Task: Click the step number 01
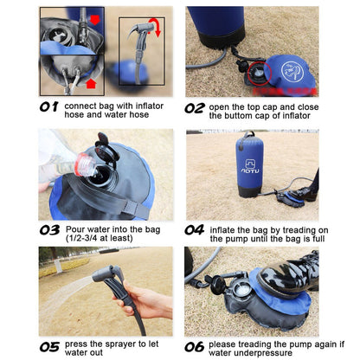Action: click(x=49, y=107)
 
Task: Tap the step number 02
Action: click(x=195, y=108)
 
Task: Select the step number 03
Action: click(x=49, y=230)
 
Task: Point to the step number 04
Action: click(x=195, y=230)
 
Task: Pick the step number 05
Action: click(x=49, y=347)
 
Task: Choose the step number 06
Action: click(x=195, y=347)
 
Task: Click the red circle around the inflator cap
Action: click(x=260, y=74)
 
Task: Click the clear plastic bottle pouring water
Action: click(x=86, y=164)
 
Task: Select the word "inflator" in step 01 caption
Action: click(x=150, y=106)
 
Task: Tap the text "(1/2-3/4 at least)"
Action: click(x=100, y=239)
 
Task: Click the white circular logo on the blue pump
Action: click(x=292, y=72)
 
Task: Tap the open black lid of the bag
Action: click(x=106, y=148)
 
